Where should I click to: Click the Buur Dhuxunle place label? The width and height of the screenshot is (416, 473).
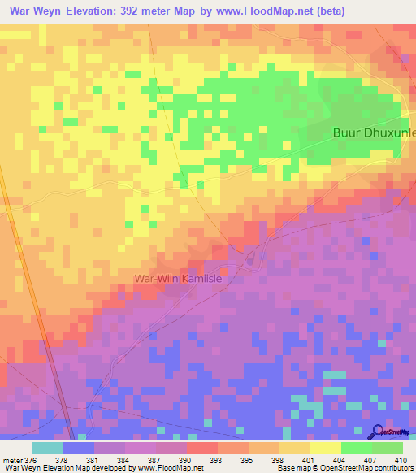pos(375,132)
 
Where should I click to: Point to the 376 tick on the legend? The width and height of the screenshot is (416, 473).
pos(31,459)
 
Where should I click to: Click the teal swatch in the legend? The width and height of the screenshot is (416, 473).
pos(47,448)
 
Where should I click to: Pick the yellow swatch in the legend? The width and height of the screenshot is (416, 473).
pos(325,448)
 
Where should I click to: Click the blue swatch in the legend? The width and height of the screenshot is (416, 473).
pos(78,448)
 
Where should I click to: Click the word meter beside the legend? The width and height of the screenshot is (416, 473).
pos(11,459)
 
